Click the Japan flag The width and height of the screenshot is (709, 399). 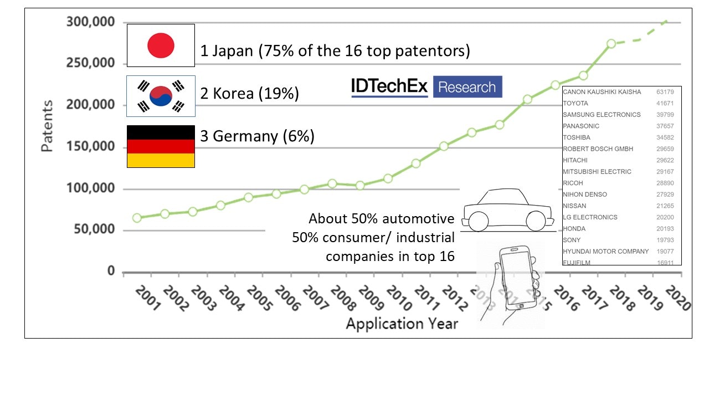pos(161,45)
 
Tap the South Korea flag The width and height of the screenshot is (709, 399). pos(161,96)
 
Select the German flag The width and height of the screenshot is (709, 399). pos(161,146)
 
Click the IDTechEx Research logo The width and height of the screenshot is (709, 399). pos(427,87)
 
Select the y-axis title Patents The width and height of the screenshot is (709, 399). pos(48,126)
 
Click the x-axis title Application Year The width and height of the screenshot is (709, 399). pos(402,324)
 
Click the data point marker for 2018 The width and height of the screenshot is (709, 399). pos(611,44)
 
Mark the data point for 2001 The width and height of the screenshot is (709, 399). pos(137,218)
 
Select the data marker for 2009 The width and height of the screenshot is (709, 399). pos(360,185)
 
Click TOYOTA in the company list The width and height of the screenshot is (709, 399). pos(576,103)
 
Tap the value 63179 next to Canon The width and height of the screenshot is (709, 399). pos(665,92)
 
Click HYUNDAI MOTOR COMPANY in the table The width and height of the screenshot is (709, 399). pos(605,252)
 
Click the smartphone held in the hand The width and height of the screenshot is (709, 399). pos(517,277)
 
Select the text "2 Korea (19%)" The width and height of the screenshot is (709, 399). pos(249,94)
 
